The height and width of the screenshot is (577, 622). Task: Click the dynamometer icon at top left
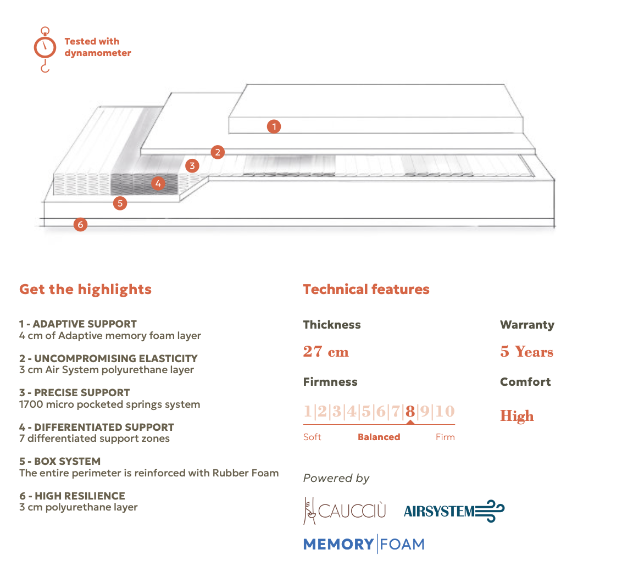(x=45, y=48)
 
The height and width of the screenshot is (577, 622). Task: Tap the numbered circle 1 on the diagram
(x=274, y=127)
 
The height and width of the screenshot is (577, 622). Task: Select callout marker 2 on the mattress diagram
(x=218, y=152)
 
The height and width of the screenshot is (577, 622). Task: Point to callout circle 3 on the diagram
(x=192, y=165)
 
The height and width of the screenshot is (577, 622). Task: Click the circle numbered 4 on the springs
(x=158, y=184)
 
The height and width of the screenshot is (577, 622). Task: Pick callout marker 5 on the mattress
(x=120, y=203)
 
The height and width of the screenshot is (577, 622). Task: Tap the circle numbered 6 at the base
(x=80, y=224)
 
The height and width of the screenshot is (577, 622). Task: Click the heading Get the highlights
(x=85, y=289)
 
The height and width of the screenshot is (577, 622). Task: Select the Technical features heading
(x=366, y=289)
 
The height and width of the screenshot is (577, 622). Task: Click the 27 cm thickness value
(x=326, y=352)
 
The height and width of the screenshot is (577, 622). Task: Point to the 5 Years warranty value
(x=526, y=352)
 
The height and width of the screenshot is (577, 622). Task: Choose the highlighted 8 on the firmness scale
(x=410, y=411)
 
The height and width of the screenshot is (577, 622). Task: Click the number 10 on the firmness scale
(x=446, y=411)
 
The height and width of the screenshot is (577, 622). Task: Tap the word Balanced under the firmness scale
(x=379, y=437)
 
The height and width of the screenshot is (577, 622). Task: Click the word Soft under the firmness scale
(x=312, y=437)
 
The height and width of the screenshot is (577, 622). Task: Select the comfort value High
(x=517, y=416)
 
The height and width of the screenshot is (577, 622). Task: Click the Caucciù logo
(x=345, y=511)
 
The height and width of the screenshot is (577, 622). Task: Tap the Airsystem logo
(x=454, y=511)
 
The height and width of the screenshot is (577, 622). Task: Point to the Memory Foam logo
(x=364, y=544)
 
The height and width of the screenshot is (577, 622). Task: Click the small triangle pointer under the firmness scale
(x=410, y=422)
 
